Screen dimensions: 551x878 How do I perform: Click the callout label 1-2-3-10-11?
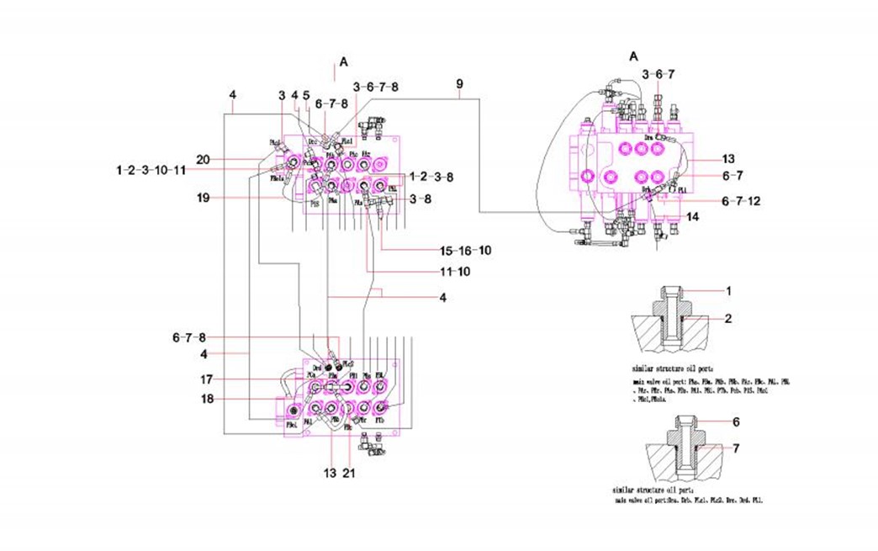click(151, 170)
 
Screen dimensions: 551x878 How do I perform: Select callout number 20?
click(203, 159)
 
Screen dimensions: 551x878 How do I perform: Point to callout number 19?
click(203, 198)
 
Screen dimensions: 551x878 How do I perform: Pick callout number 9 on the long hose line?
click(459, 84)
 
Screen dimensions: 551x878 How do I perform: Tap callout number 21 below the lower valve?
click(349, 474)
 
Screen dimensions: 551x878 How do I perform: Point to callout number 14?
click(693, 217)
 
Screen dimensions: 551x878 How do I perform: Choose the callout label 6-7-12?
click(741, 201)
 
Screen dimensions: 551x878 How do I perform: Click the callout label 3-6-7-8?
click(376, 86)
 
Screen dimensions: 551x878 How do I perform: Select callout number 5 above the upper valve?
click(306, 95)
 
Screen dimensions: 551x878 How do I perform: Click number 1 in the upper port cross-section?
click(729, 291)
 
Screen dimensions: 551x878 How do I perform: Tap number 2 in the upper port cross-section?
click(729, 319)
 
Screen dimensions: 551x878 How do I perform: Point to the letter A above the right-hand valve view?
click(634, 56)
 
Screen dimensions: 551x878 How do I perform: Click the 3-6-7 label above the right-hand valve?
click(658, 74)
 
